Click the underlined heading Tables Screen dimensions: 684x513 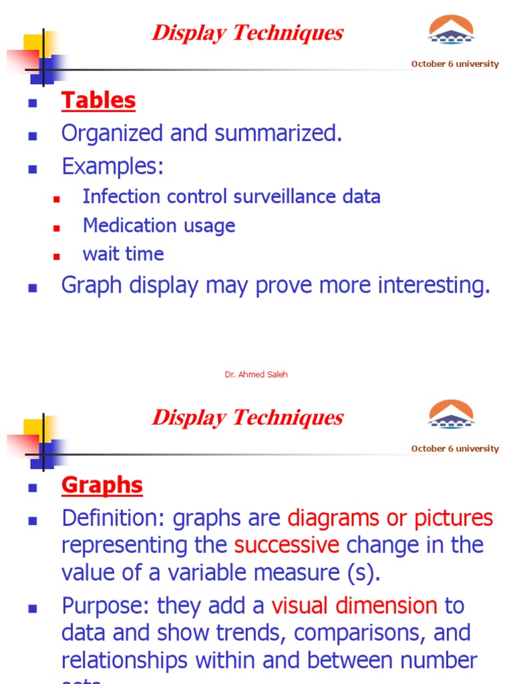coord(98,101)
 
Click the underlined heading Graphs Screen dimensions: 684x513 coord(102,486)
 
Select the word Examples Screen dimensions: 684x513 coord(112,166)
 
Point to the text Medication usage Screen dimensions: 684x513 coord(159,226)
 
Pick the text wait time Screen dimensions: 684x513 coord(123,254)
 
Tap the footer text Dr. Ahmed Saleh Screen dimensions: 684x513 coord(256,375)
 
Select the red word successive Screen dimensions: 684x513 coord(287,546)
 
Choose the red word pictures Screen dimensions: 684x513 coord(454,518)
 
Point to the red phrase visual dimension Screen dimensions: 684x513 coord(354,607)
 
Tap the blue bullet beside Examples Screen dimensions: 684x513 coord(31,169)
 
